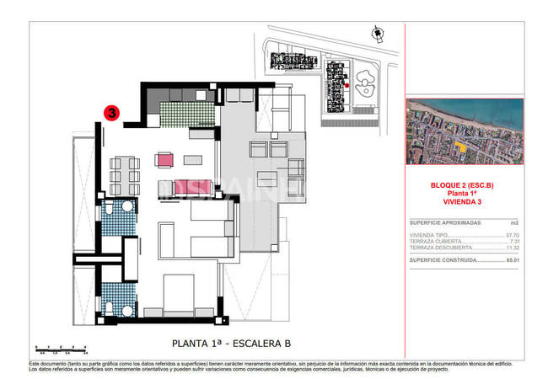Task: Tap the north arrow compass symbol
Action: click(x=376, y=32)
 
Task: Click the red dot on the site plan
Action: click(x=346, y=85)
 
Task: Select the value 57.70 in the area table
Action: click(x=509, y=234)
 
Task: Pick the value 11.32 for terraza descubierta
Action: click(x=509, y=248)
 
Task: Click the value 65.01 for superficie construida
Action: click(x=509, y=261)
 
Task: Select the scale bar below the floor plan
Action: click(x=60, y=348)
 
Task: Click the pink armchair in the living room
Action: click(x=164, y=159)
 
